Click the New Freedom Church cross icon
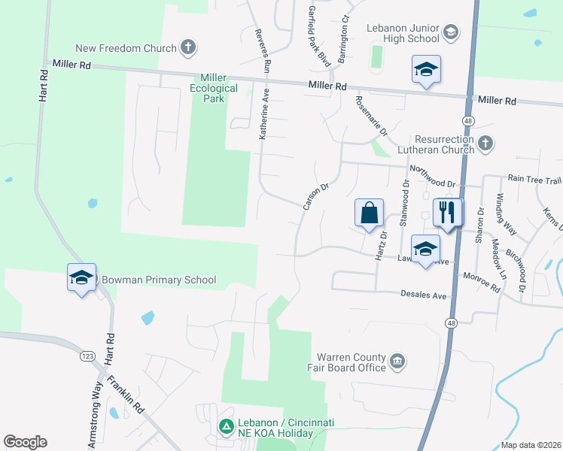click(188, 48)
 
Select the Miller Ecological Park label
click(219, 88)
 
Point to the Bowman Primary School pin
click(81, 277)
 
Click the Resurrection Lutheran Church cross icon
click(485, 143)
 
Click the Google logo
click(25, 442)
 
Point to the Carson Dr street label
click(315, 196)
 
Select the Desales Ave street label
click(424, 295)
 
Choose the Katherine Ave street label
click(264, 117)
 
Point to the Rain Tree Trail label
click(534, 180)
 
